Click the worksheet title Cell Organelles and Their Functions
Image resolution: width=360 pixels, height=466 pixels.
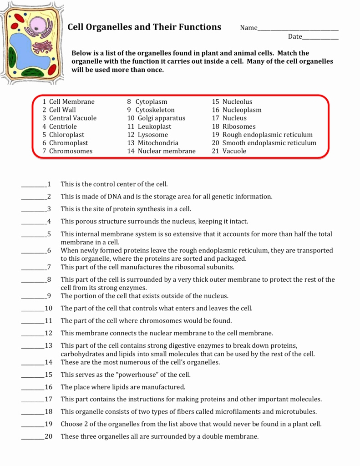[144, 27]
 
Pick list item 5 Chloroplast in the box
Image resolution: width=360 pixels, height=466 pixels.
[63, 135]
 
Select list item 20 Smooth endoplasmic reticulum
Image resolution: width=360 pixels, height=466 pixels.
[264, 143]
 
